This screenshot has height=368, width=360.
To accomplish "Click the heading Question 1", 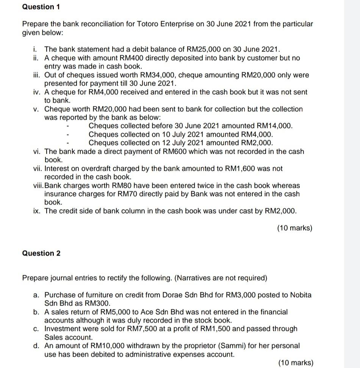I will click(x=38, y=7).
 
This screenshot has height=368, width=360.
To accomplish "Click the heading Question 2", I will click(x=41, y=253).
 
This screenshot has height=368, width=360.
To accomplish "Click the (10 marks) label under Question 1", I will click(x=295, y=228).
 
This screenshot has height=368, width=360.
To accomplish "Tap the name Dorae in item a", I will click(x=172, y=295).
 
